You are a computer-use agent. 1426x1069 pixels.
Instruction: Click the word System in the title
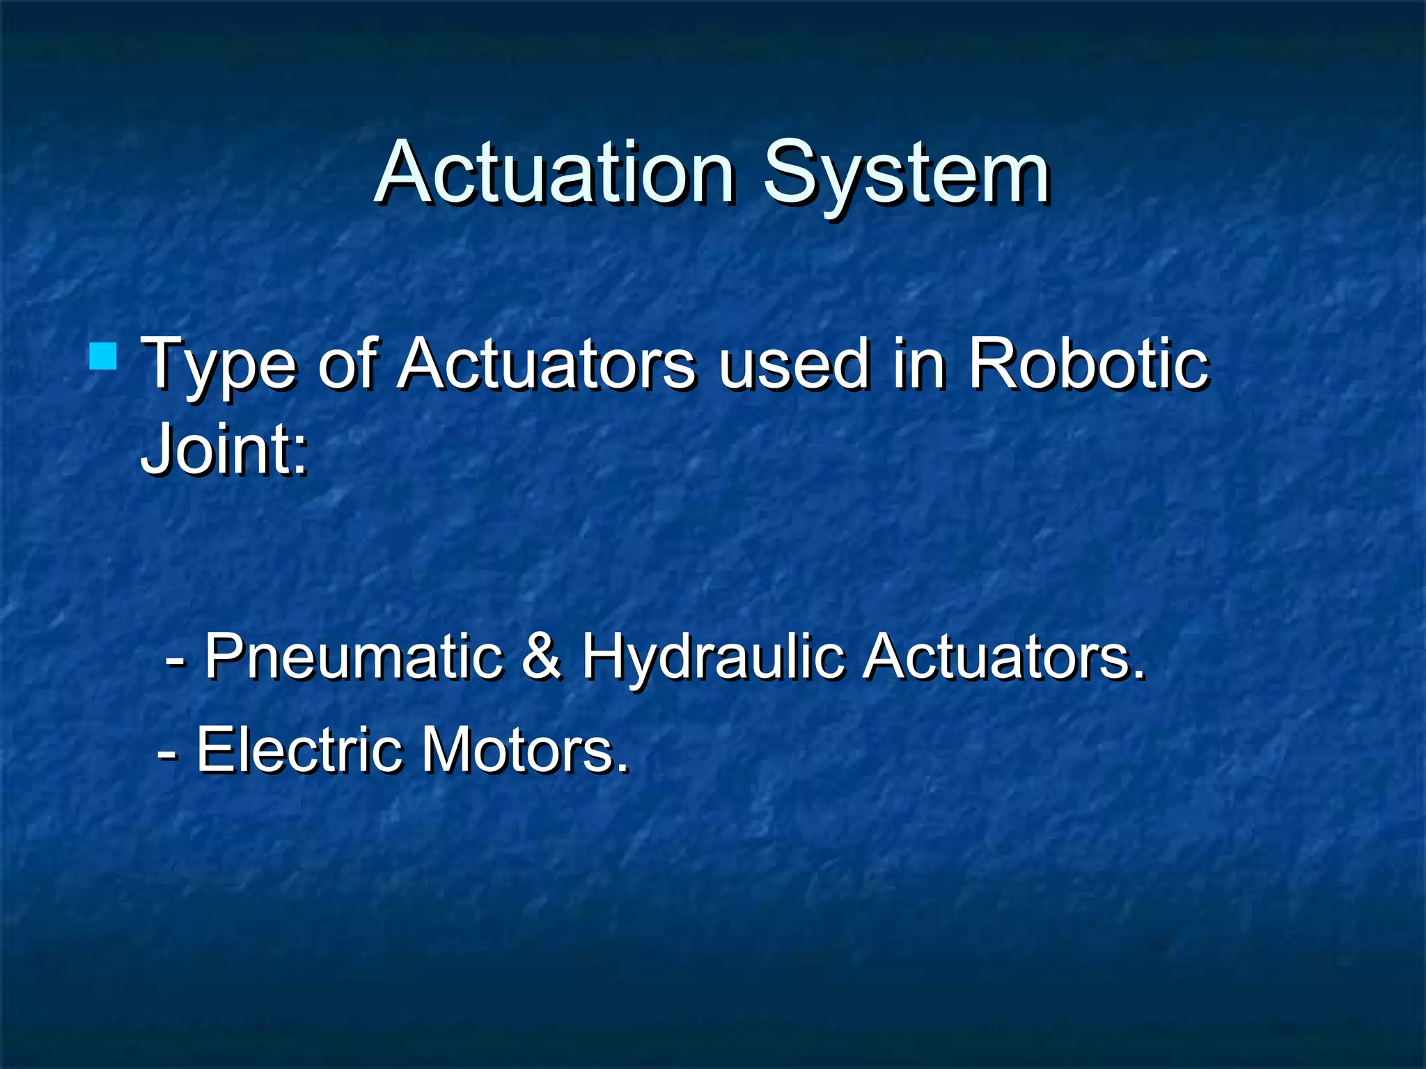coord(906,174)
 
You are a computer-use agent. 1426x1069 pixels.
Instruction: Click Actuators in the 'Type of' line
coord(547,363)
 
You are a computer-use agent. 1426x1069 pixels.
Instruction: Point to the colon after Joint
coord(299,456)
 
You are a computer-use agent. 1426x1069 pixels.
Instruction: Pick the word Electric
coord(300,750)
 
